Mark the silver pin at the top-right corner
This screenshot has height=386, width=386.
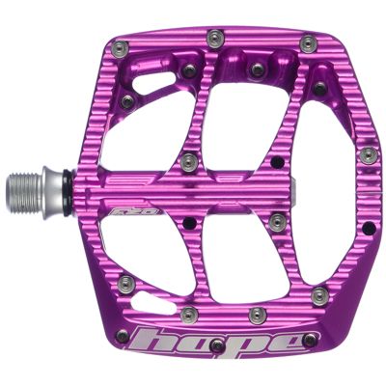(307, 43)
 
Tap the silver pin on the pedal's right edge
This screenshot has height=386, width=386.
(366, 155)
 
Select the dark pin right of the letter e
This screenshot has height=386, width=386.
(310, 339)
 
